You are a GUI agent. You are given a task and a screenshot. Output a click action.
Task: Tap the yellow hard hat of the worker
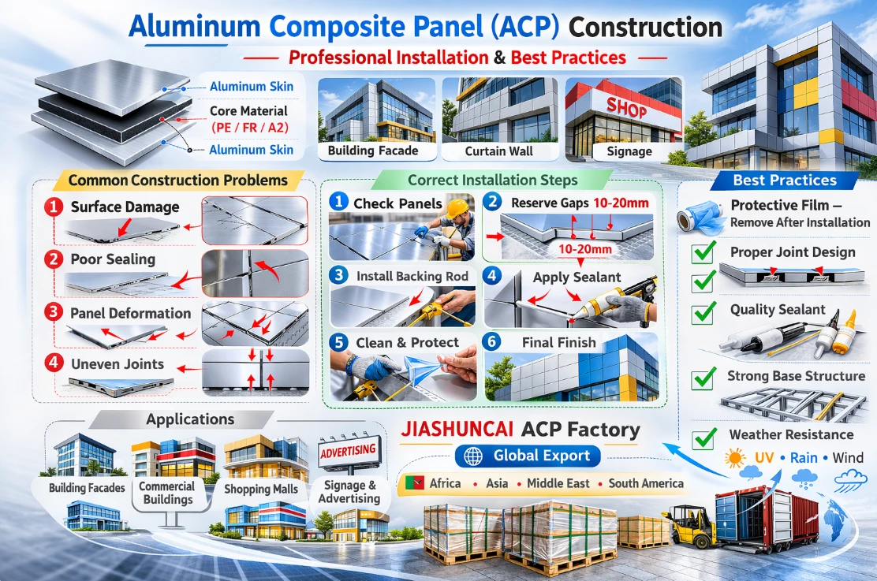(457, 208)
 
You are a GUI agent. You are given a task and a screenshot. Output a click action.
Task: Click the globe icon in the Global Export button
(474, 456)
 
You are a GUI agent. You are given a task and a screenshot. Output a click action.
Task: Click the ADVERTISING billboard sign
(349, 453)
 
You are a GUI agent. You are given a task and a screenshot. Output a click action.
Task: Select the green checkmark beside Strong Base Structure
(703, 378)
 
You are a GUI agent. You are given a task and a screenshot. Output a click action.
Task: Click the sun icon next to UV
(736, 457)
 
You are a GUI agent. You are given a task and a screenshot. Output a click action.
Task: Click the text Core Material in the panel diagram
(248, 111)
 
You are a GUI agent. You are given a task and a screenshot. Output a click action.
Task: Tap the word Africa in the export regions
(445, 483)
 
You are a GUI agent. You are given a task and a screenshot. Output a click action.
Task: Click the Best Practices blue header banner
(784, 181)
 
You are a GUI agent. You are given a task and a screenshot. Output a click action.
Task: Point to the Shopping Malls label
(262, 489)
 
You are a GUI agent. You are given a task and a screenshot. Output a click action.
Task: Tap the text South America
(645, 483)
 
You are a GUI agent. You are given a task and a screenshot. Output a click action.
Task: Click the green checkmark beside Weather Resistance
(703, 437)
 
